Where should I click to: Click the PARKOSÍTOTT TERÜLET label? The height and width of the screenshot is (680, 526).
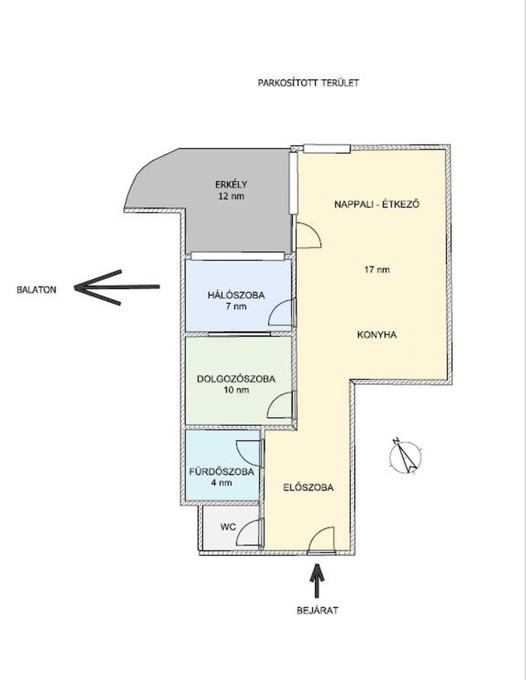click(308, 83)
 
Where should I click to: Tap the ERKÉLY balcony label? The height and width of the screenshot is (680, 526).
click(231, 184)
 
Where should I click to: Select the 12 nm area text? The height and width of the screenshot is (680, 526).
click(231, 196)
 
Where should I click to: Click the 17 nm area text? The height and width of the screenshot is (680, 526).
click(377, 269)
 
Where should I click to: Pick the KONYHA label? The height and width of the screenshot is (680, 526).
click(377, 335)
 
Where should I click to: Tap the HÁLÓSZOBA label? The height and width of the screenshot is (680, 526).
click(236, 295)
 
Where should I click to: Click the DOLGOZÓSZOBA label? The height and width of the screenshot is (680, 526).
click(236, 379)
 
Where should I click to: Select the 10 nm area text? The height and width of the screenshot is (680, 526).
click(236, 390)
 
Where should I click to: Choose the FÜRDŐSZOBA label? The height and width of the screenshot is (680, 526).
click(222, 472)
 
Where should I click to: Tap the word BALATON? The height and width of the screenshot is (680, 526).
click(36, 289)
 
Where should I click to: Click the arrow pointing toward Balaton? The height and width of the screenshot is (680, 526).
click(117, 287)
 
